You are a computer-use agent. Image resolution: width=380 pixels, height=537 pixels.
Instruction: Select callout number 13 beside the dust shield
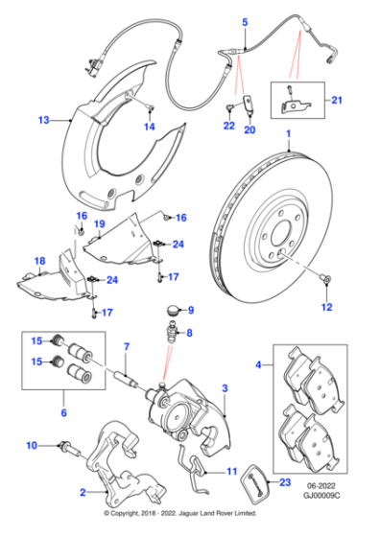coord(42,121)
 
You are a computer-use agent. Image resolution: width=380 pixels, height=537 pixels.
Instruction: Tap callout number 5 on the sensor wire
coord(244,21)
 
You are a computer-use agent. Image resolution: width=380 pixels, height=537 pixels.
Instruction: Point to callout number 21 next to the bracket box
coord(336,100)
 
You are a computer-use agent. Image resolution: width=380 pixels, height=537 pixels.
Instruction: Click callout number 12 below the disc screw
coord(326,307)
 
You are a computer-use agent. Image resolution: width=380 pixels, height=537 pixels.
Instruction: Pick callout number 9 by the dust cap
coord(190,310)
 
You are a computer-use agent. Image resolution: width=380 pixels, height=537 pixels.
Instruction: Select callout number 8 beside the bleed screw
coord(189,334)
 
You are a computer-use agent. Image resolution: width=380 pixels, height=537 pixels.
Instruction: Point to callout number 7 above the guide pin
coord(125,346)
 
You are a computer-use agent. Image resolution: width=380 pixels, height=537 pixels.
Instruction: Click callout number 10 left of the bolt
coord(32,445)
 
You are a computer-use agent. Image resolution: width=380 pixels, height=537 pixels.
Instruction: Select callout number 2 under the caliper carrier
coord(82,492)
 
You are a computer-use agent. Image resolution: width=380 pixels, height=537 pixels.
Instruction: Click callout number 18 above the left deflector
coord(38,261)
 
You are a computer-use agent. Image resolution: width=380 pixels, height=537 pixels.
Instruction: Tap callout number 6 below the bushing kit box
coord(65,413)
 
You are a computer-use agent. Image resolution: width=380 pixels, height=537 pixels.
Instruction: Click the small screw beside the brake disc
coord(327,279)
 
